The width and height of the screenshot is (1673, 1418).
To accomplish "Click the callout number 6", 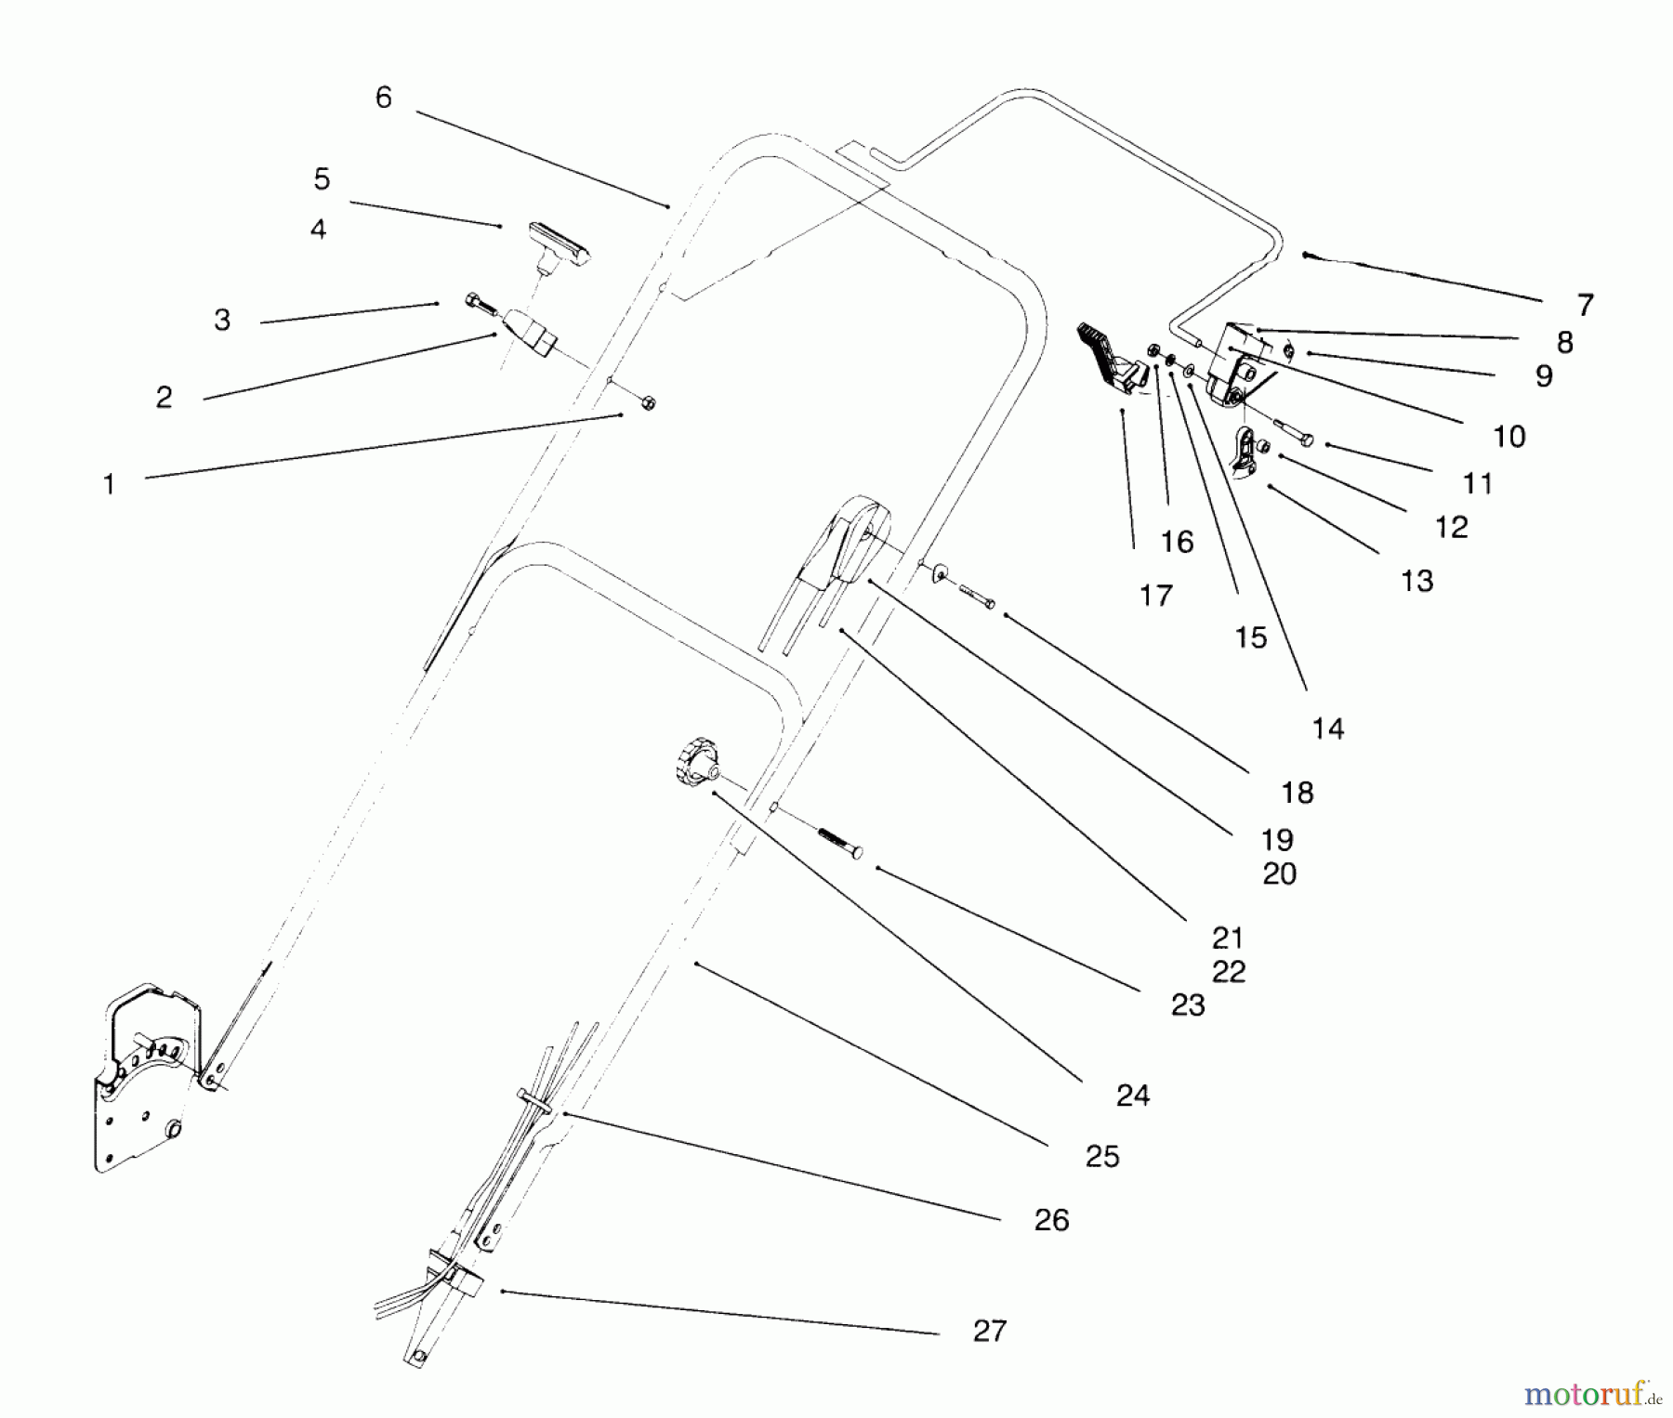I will [383, 98].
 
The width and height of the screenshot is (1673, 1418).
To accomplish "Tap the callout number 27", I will [989, 1331].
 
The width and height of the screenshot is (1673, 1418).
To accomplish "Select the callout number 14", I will [1327, 729].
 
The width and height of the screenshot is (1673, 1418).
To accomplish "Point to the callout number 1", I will [109, 484].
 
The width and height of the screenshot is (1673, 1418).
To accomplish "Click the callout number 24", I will [1132, 1096].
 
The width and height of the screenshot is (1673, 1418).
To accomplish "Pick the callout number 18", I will [1297, 793].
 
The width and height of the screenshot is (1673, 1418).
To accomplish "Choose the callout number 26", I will [1051, 1220].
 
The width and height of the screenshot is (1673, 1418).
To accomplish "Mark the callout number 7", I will [1585, 305].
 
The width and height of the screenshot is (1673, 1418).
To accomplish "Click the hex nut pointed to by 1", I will [649, 402].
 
